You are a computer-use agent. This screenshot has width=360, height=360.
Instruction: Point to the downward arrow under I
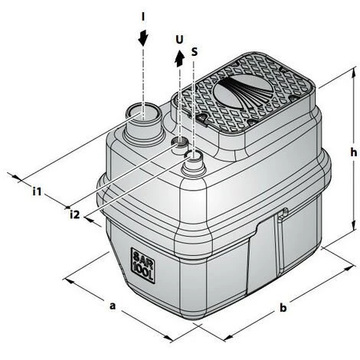point(143,38)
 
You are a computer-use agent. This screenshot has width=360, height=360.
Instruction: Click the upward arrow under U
point(179,57)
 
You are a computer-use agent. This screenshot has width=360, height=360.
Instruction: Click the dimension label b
point(283,308)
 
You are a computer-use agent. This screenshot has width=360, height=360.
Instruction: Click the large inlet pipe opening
point(142,115)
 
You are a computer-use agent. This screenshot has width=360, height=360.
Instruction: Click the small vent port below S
point(195,156)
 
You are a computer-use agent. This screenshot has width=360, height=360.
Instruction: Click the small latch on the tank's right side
point(283,215)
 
